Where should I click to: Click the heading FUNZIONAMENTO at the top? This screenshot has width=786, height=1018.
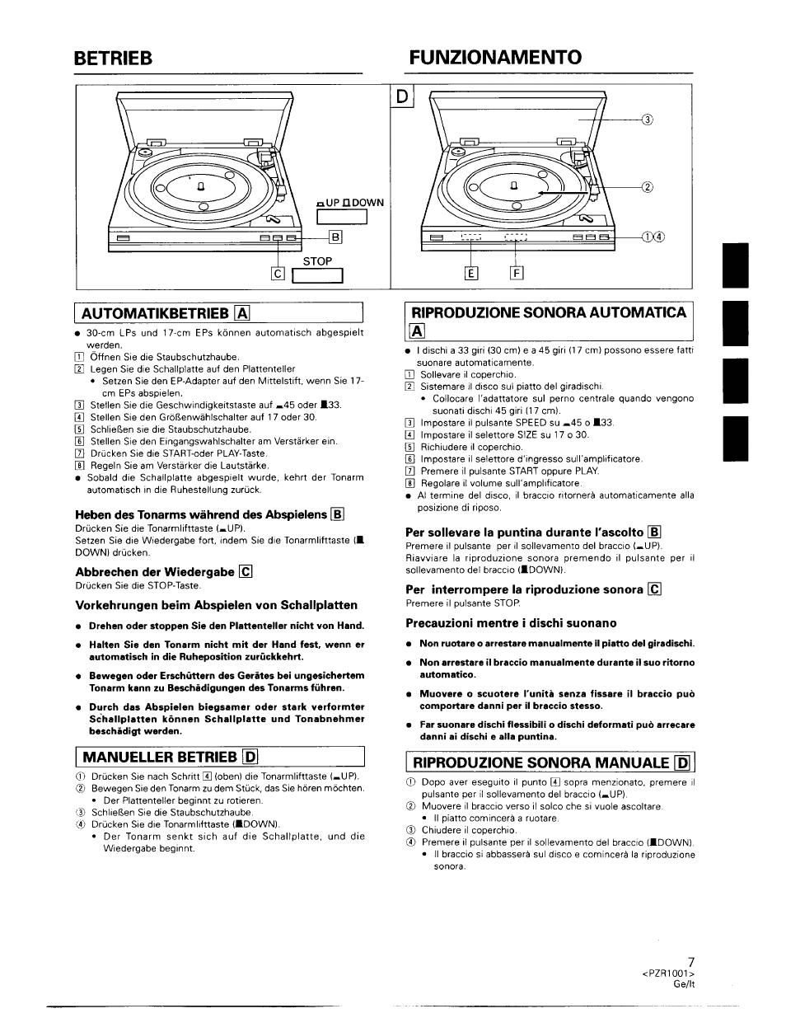[495, 57]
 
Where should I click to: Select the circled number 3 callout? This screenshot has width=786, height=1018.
[647, 121]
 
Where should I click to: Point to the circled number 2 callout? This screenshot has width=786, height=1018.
[647, 186]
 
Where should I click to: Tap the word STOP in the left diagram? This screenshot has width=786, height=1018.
[317, 261]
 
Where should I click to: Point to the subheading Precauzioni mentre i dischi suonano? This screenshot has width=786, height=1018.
[511, 623]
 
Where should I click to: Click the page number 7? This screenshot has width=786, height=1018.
[691, 962]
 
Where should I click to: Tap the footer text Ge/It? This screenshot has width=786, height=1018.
[685, 984]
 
